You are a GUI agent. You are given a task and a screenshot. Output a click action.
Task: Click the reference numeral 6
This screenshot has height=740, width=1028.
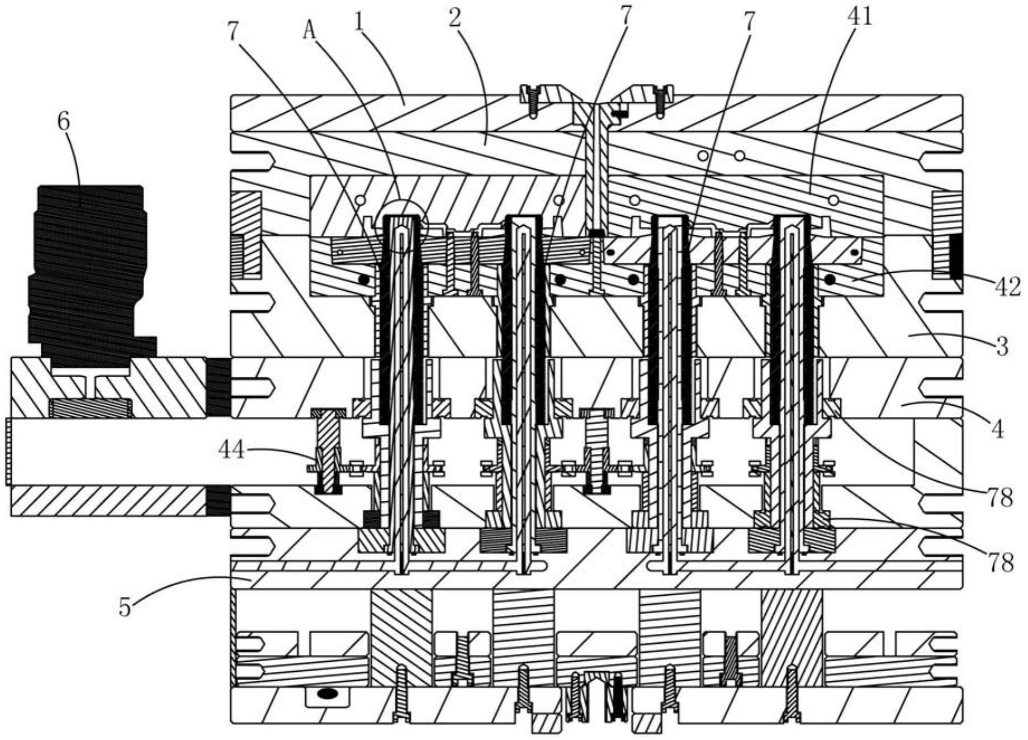(64, 121)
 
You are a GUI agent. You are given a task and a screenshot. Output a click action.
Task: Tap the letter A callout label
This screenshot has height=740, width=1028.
(309, 30)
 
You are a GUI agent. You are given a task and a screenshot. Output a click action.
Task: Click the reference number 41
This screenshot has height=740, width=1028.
(860, 16)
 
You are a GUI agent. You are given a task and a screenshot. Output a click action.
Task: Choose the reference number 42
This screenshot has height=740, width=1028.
(1007, 287)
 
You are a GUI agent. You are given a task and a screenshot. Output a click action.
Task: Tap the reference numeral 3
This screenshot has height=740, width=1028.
(1002, 347)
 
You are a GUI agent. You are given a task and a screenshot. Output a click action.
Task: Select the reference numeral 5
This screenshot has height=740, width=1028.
(125, 606)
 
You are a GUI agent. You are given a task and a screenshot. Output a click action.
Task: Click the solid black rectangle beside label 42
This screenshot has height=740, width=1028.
(956, 257)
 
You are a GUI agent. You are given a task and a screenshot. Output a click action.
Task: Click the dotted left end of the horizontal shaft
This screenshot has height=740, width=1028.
(8, 452)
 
